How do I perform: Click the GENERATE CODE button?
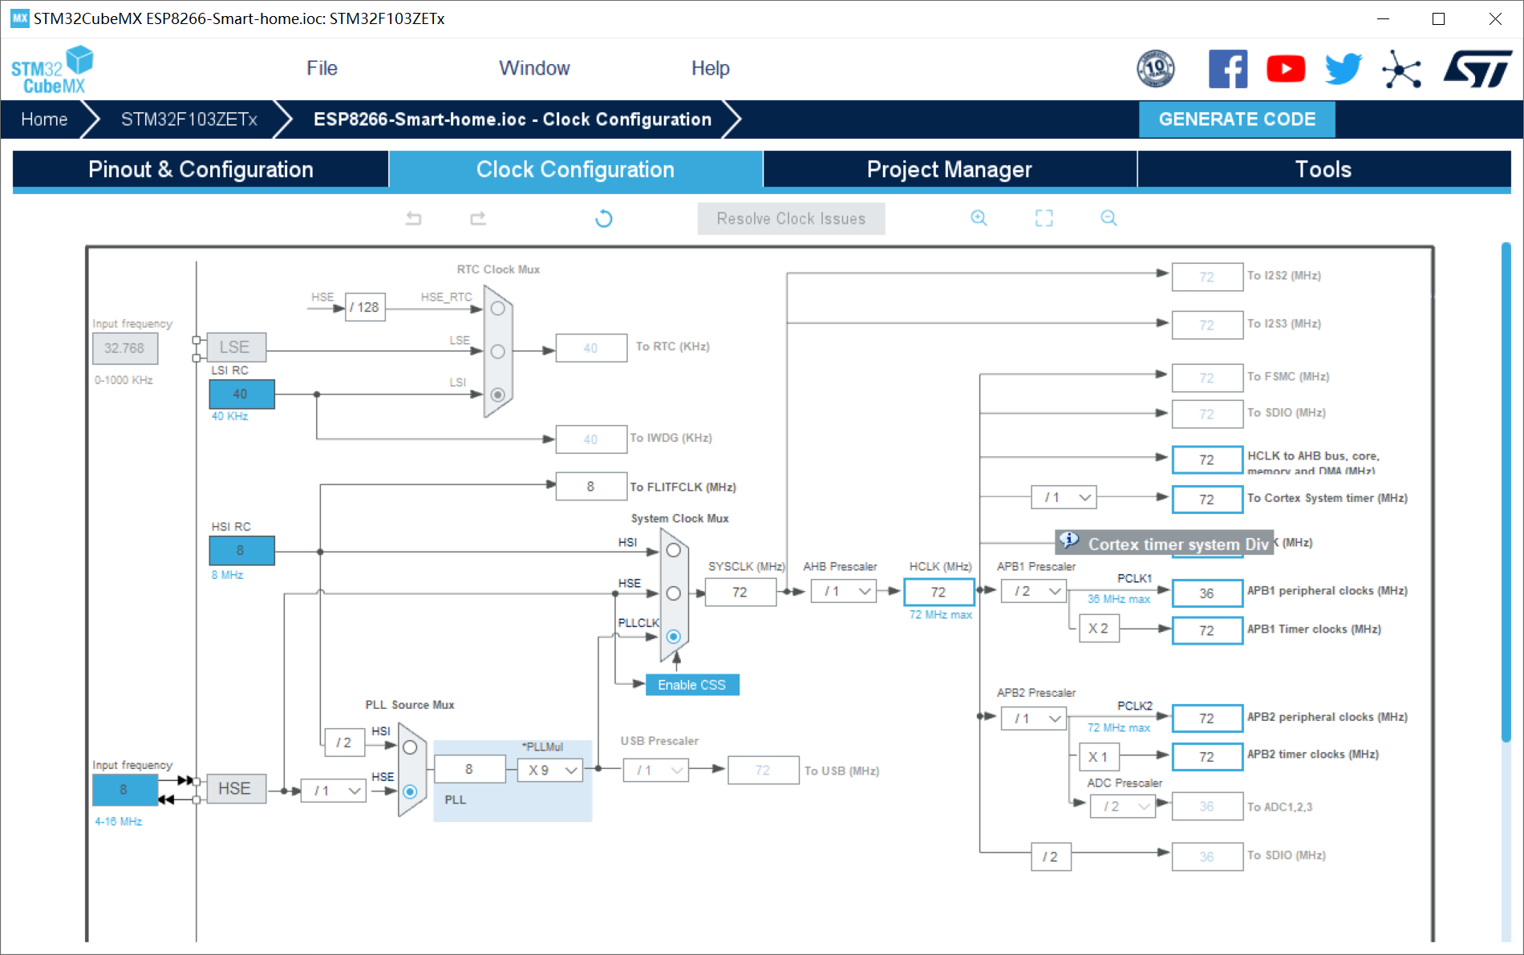tap(1236, 119)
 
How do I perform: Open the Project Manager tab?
tap(949, 169)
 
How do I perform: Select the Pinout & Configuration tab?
tap(201, 169)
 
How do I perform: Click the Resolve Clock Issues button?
tap(791, 219)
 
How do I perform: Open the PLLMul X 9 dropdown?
tap(550, 771)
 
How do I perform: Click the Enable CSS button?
tap(691, 685)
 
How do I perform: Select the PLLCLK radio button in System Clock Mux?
tap(674, 637)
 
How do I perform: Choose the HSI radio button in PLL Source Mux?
tap(410, 747)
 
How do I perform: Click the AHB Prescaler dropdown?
tap(843, 592)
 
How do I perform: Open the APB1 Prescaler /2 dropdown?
tap(1033, 592)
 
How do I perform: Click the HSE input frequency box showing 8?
tap(124, 790)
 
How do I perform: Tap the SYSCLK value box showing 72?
tap(740, 593)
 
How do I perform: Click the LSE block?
tap(235, 347)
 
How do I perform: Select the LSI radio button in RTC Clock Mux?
tap(498, 395)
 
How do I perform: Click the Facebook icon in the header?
tap(1227, 69)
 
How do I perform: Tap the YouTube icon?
tap(1285, 69)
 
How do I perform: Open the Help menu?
tap(710, 68)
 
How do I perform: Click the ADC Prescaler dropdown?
tap(1122, 807)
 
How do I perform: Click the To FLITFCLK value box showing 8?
tap(591, 487)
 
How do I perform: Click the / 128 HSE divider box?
tap(365, 307)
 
